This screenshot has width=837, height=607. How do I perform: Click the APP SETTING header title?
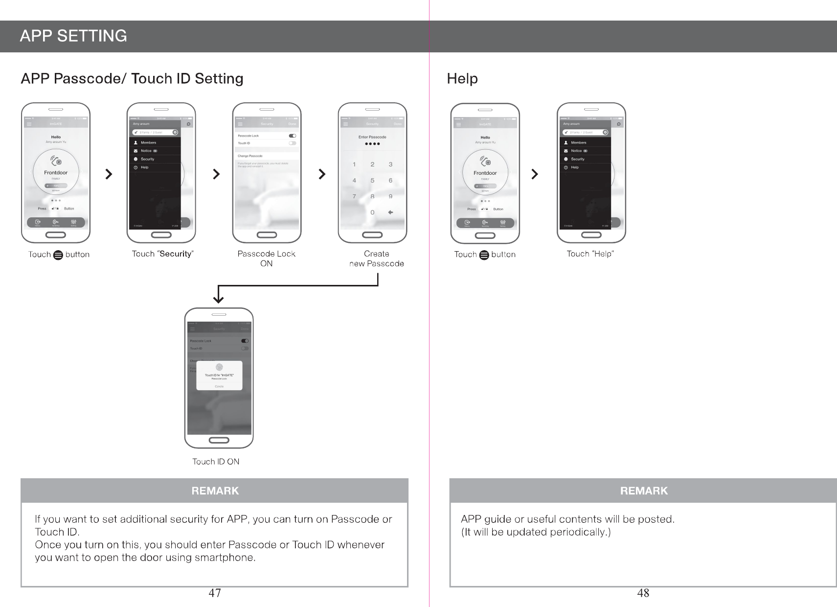coord(73,36)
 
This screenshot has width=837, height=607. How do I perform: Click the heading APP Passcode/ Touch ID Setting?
coord(132,79)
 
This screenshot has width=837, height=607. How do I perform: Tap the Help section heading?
coord(462,79)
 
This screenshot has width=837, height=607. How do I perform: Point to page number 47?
coord(215,593)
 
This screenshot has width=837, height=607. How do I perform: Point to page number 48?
coord(643,593)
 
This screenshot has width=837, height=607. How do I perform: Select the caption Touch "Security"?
coord(163,254)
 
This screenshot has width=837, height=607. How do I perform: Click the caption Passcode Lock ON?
coord(267,258)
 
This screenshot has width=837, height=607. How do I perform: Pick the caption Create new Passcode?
coord(376,258)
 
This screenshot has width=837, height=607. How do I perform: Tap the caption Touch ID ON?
coord(216,462)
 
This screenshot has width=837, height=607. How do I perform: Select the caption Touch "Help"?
coord(590,254)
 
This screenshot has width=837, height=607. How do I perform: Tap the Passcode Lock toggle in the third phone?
coord(293,136)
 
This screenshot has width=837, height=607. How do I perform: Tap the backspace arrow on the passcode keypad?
coord(390,212)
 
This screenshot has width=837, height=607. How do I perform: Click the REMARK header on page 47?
coord(215,490)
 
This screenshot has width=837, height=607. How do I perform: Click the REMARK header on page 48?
coord(643,490)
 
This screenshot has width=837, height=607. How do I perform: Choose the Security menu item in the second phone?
coord(147,159)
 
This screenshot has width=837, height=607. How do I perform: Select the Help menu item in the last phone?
coord(575,167)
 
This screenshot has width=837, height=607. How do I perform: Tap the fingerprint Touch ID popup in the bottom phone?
coord(219,375)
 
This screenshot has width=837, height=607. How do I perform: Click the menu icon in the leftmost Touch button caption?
coord(58,255)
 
